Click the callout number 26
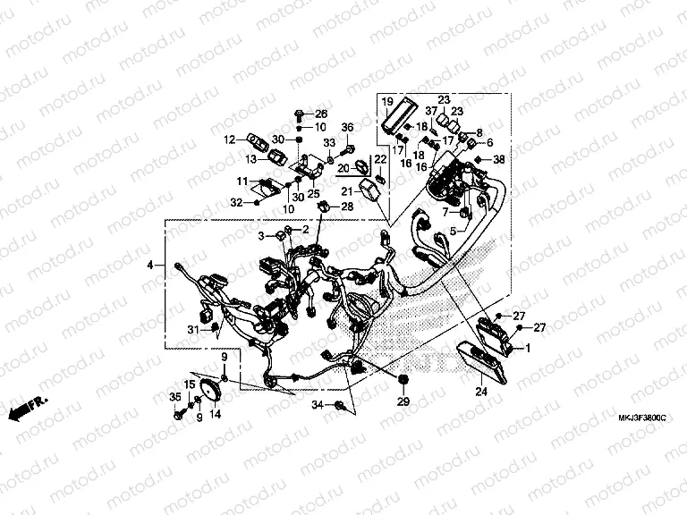[321, 114]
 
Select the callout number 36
[347, 127]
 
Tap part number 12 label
[230, 139]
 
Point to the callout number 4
[151, 265]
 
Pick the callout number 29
[402, 403]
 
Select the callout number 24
[480, 391]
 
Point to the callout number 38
[499, 159]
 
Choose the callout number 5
[453, 232]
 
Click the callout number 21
[345, 190]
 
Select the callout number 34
[317, 407]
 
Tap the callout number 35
[175, 397]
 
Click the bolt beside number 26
[297, 114]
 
